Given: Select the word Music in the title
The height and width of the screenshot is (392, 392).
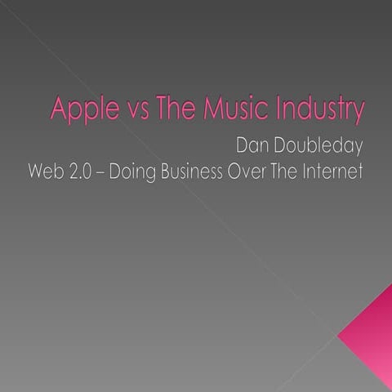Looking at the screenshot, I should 226,109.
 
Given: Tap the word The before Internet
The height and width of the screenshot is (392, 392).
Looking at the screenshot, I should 292,173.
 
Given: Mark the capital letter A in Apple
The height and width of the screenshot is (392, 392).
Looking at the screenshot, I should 58,109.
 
